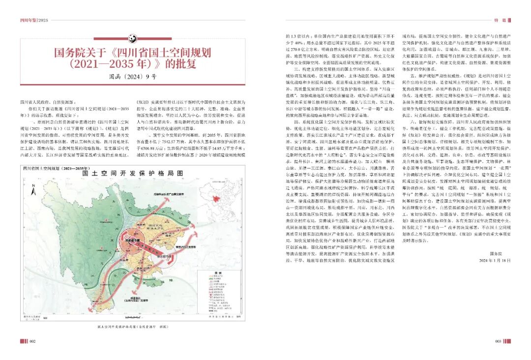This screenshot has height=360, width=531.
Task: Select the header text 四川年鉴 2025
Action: pos(34,20)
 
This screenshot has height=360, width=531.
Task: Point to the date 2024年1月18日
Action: pos(494,261)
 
